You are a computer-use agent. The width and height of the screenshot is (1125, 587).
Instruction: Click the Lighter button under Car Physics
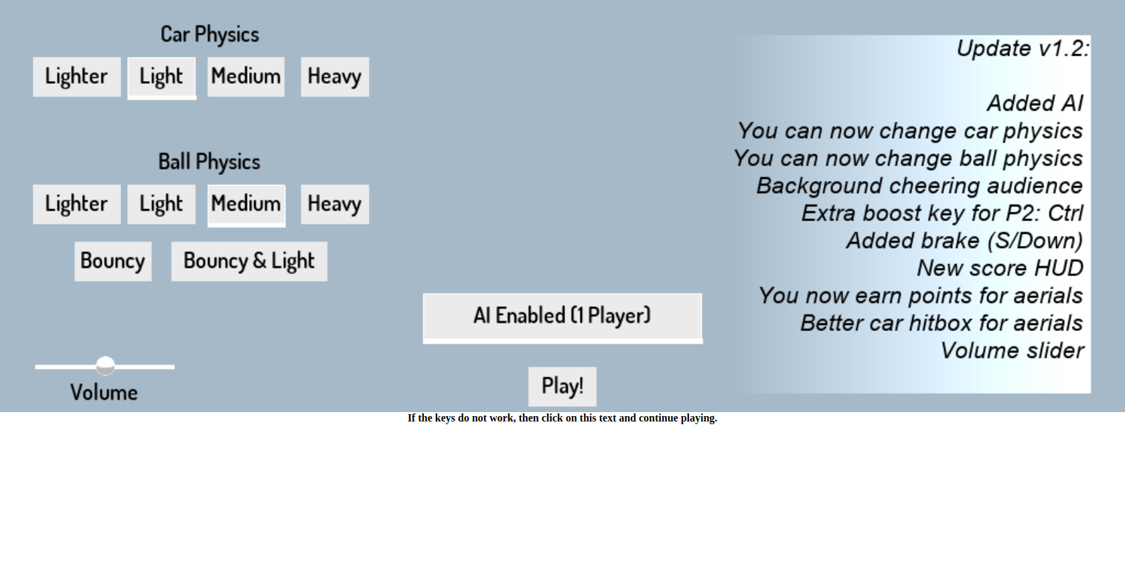pyautogui.click(x=76, y=76)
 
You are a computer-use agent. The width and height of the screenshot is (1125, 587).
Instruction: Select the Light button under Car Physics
pyautogui.click(x=161, y=77)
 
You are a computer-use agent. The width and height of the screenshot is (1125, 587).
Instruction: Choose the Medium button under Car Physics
pyautogui.click(x=246, y=76)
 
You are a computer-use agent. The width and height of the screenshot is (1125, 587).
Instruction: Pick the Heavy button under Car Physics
pyautogui.click(x=334, y=76)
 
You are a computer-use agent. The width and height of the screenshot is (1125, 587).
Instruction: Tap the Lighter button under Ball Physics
pyautogui.click(x=76, y=204)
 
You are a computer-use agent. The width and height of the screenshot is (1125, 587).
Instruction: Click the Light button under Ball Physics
pyautogui.click(x=161, y=204)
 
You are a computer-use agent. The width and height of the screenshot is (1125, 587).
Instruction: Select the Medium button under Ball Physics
pyautogui.click(x=246, y=204)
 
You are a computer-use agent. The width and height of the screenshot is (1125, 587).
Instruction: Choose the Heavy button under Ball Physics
pyautogui.click(x=334, y=204)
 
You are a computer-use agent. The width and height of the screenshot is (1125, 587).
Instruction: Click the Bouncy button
pyautogui.click(x=112, y=261)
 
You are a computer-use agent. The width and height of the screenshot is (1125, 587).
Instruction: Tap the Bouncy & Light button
pyautogui.click(x=249, y=261)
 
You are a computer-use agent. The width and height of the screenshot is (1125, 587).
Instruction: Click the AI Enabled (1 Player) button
pyautogui.click(x=562, y=316)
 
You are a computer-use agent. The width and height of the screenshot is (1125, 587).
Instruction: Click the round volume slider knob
pyautogui.click(x=105, y=366)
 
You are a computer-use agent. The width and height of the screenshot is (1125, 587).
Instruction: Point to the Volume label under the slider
pyautogui.click(x=104, y=393)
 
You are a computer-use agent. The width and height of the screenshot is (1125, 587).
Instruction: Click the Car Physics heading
pyautogui.click(x=210, y=34)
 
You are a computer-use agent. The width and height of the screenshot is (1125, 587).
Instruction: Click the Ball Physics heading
pyautogui.click(x=209, y=161)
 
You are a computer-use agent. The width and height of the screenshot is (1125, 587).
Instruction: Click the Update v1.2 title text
pyautogui.click(x=1022, y=48)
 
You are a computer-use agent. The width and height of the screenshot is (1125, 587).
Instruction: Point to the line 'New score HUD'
pyautogui.click(x=1000, y=268)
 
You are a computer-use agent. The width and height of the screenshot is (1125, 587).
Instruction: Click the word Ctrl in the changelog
pyautogui.click(x=1065, y=213)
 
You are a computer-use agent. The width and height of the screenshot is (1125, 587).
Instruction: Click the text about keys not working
pyautogui.click(x=562, y=418)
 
